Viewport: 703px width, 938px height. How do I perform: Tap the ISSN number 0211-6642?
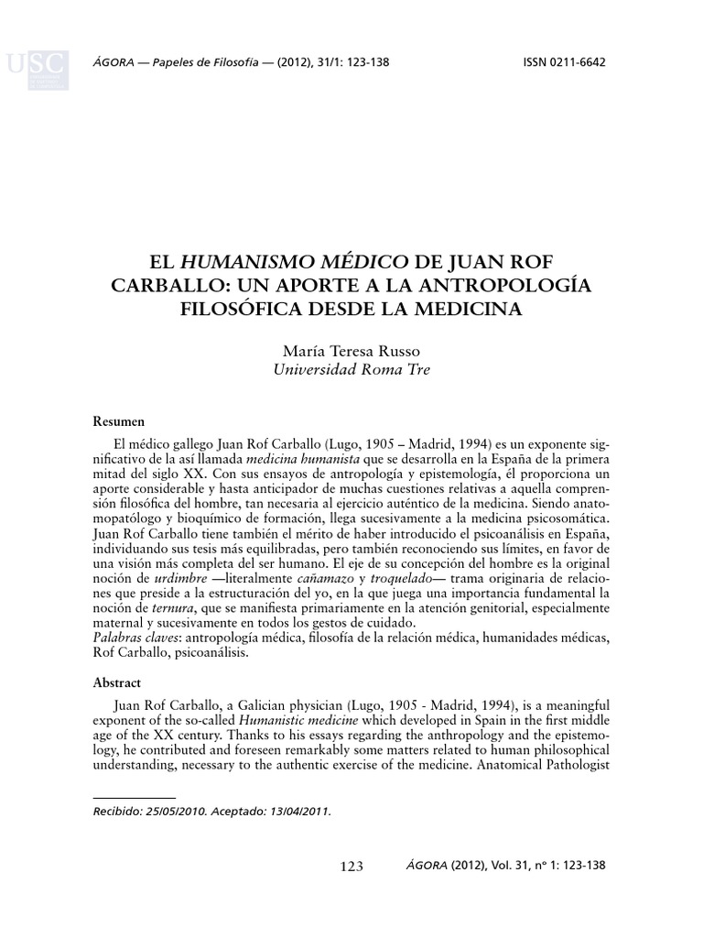pyautogui.click(x=564, y=62)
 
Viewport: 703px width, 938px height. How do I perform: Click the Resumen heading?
pyautogui.click(x=119, y=422)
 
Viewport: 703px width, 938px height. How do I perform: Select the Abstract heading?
pyautogui.click(x=119, y=683)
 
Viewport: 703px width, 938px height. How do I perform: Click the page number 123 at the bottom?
pyautogui.click(x=351, y=867)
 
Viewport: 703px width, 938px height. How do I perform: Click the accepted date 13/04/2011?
pyautogui.click(x=298, y=812)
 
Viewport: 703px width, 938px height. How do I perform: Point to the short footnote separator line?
pyautogui.click(x=134, y=798)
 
